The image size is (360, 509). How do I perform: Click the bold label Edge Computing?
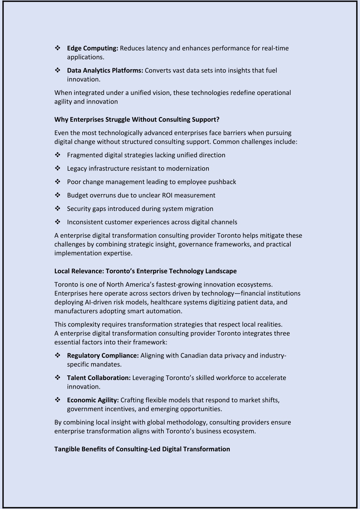click(x=92, y=48)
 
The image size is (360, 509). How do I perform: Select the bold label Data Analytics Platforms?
click(x=105, y=70)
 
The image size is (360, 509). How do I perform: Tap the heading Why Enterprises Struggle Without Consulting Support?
click(x=137, y=120)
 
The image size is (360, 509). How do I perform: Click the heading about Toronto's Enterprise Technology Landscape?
click(x=145, y=271)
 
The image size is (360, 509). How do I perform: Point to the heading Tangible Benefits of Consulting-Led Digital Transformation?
click(x=142, y=449)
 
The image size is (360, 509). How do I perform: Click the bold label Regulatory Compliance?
click(x=103, y=355)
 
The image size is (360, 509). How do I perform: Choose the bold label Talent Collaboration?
click(x=99, y=378)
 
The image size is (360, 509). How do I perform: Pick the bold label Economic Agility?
click(x=93, y=400)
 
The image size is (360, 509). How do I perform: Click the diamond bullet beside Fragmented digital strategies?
click(x=58, y=155)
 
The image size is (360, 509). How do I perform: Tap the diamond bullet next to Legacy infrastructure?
click(x=58, y=168)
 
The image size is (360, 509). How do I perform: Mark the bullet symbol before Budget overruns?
click(x=58, y=195)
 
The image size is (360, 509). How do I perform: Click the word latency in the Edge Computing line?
click(x=156, y=48)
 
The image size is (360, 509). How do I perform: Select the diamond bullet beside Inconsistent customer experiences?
click(x=58, y=222)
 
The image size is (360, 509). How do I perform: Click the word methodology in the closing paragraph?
click(x=181, y=422)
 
